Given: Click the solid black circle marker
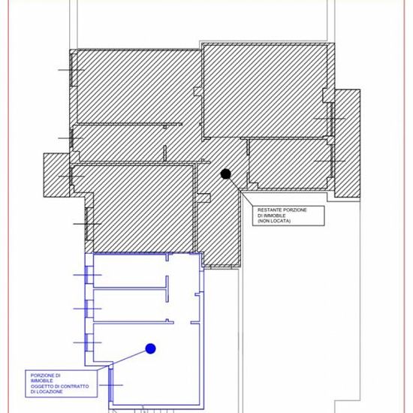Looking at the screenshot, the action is (x=225, y=174).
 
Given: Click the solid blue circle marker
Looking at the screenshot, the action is (x=150, y=348).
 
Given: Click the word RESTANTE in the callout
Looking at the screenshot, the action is (x=269, y=210).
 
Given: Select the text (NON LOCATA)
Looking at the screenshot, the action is (x=274, y=221).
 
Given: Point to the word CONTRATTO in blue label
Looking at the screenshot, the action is (x=74, y=387).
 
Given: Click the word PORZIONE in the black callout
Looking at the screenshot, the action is (x=294, y=210).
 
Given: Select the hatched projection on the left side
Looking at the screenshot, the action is (x=56, y=175).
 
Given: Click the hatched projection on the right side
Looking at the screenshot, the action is (x=348, y=143).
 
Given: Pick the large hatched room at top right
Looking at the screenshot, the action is (x=266, y=91).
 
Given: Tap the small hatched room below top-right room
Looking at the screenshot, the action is (x=289, y=163).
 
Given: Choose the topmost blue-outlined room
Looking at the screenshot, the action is (x=130, y=271).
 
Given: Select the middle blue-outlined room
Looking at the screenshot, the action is (x=130, y=306).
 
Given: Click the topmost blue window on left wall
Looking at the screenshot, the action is (x=87, y=275).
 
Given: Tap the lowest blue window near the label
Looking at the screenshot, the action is (x=111, y=385).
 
